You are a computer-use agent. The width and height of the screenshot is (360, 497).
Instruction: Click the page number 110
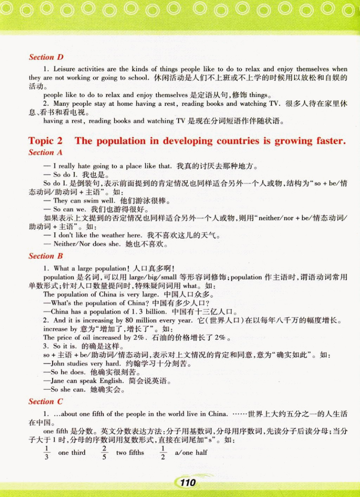[188, 482]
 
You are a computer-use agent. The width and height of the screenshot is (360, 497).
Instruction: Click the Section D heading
[46, 57]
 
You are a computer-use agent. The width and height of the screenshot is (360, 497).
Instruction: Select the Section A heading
[45, 152]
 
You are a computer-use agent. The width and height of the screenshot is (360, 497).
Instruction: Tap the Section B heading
[46, 256]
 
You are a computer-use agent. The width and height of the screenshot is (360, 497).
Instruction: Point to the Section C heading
[46, 401]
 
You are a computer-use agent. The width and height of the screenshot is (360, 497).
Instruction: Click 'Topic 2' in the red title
[45, 141]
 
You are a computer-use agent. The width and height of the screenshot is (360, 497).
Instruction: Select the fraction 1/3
[46, 452]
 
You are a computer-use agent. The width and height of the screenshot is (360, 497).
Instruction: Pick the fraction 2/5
[104, 452]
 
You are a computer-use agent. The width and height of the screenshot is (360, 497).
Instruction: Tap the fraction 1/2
[163, 452]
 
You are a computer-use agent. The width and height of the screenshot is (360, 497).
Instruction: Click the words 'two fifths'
[130, 452]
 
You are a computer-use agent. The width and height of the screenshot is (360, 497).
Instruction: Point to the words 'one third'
[72, 452]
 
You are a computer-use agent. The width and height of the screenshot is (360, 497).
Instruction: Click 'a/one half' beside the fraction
[191, 452]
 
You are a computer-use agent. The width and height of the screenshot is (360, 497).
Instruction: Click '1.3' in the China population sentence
[137, 312]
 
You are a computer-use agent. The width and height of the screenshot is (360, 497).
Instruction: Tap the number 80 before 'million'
[129, 320]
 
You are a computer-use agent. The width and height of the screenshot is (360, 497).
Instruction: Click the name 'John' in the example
[58, 364]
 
